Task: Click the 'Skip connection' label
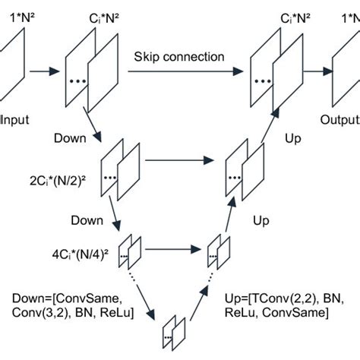(x=179, y=57)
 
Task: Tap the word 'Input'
(x=14, y=120)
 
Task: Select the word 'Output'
(x=339, y=120)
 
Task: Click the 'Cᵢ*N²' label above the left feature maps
(x=91, y=15)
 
